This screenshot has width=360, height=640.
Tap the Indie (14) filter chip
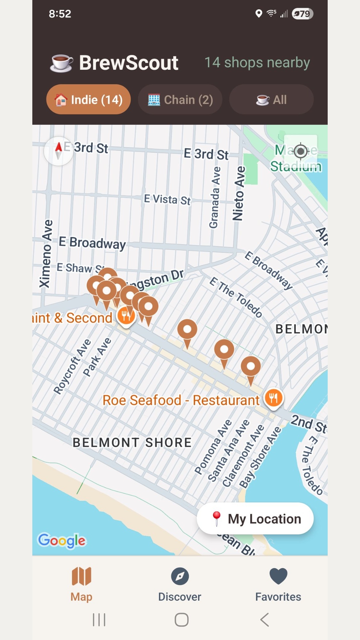[x=88, y=100]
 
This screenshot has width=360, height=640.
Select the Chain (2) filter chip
[x=180, y=100]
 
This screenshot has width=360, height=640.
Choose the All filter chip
[x=271, y=100]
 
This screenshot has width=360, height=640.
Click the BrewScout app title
[x=128, y=63]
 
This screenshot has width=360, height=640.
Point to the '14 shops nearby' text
[x=257, y=63]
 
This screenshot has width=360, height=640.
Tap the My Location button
[x=255, y=519]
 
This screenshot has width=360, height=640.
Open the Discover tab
[x=180, y=584]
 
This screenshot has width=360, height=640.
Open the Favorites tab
[x=278, y=584]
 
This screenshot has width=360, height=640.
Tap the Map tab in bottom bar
[x=82, y=584]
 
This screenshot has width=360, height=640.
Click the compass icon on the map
[x=59, y=151]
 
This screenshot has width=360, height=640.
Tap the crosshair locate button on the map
[x=300, y=151]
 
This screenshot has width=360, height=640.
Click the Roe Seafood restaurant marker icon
[x=273, y=398]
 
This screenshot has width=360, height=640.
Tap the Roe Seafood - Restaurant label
[x=181, y=400]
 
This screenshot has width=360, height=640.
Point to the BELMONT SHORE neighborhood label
[x=132, y=443]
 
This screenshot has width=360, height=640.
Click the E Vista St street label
[x=167, y=200]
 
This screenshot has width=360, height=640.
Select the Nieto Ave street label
[x=239, y=193]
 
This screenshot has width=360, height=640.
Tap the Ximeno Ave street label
[x=46, y=253]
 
